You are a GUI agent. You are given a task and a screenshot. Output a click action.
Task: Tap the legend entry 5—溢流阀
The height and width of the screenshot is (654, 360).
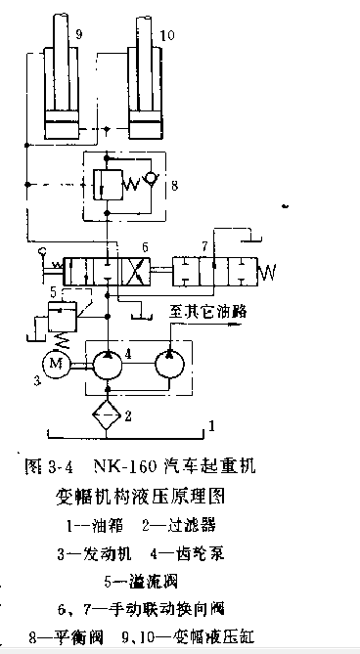click(x=141, y=585)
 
